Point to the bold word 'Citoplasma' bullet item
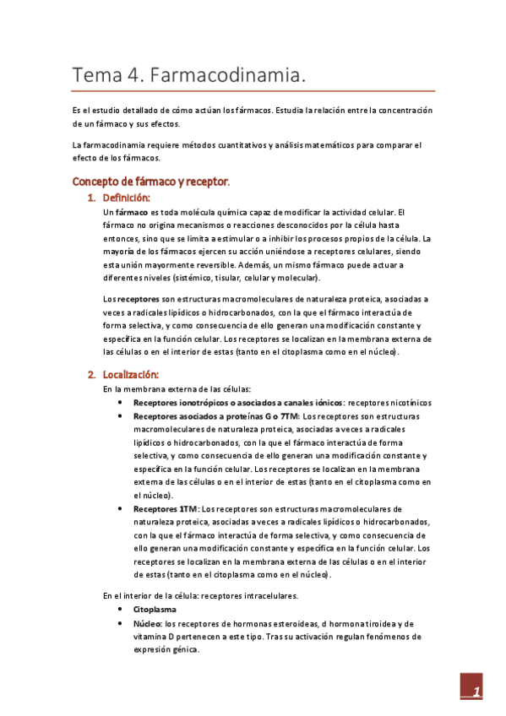click(156, 608)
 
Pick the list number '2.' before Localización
click(92, 374)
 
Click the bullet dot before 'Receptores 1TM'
click(123, 509)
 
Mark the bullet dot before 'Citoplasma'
click(123, 608)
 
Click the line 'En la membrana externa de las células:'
click(177, 388)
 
